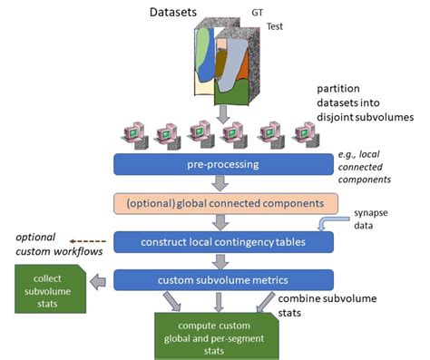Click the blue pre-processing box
point(223,165)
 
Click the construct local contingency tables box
point(223,242)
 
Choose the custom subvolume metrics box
point(223,279)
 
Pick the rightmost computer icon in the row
point(308,134)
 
